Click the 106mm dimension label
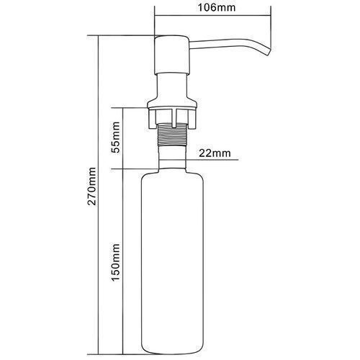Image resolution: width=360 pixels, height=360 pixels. pos(217,7)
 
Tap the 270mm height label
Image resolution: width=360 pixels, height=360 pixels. pos(92,186)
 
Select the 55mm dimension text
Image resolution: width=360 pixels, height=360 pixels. pos(115,138)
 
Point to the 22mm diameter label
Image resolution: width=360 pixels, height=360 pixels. pos(215,153)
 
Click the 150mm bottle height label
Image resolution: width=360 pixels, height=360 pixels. pos(115,262)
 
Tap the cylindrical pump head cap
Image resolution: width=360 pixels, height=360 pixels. pos(172,55)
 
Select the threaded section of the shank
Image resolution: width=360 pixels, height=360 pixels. pos(172,135)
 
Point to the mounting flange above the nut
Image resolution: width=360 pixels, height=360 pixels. pos(172,104)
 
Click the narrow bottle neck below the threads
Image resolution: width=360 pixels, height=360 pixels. pos(172,158)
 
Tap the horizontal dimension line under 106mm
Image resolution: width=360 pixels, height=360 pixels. pos(213,16)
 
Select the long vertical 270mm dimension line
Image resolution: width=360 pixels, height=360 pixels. pos(99,195)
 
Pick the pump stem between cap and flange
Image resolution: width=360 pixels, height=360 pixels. pos(172,86)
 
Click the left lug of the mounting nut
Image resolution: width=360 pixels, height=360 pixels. pos(152,118)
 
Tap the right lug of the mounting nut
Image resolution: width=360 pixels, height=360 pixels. pos(192,118)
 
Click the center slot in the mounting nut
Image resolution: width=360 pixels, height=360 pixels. pos(174,118)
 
